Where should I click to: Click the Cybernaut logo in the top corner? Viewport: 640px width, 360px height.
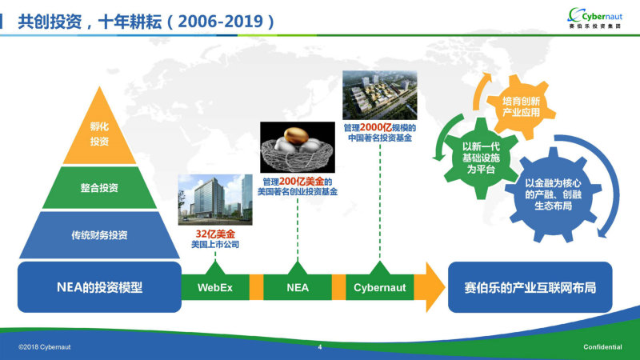[595, 18]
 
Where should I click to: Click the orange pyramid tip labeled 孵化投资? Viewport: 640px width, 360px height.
[99, 133]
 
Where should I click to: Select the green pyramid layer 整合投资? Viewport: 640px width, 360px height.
[99, 188]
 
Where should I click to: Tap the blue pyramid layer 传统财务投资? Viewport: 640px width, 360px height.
[99, 235]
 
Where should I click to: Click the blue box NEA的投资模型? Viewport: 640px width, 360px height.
[99, 287]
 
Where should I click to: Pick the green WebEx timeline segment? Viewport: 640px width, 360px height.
[215, 287]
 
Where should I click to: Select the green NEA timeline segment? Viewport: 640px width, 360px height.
[298, 287]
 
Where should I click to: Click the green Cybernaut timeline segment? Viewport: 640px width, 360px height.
[379, 287]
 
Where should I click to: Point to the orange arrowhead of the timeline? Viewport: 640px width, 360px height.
[435, 287]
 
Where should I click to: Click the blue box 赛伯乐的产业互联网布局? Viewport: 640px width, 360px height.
[530, 287]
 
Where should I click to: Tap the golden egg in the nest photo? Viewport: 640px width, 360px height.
[296, 136]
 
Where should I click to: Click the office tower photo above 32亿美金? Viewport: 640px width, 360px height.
[215, 199]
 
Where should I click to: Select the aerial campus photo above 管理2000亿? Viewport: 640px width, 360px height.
[379, 95]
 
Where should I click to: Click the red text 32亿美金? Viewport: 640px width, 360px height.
[215, 234]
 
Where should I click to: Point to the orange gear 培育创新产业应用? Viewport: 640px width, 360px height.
[521, 107]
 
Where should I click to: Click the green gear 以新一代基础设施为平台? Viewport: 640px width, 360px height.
[481, 158]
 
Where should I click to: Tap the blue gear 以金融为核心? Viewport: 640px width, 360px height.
[553, 194]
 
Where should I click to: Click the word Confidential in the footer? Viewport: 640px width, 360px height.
[602, 347]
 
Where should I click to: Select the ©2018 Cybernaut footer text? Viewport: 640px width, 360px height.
[45, 347]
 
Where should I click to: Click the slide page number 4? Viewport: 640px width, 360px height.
[320, 347]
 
